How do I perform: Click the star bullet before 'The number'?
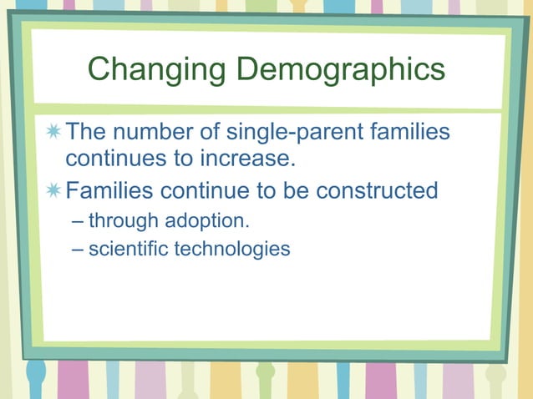click(54, 132)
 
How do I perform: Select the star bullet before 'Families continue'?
click(54, 191)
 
